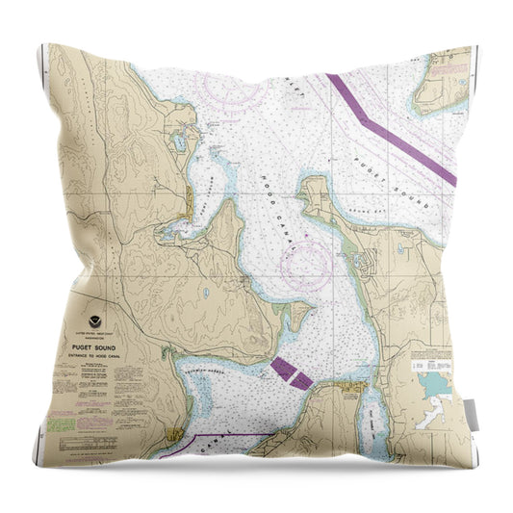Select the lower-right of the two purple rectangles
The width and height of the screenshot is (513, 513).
pyautogui.click(x=302, y=381)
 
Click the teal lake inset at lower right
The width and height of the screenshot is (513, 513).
pyautogui.click(x=435, y=386)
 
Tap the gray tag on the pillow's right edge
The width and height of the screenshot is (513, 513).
pyautogui.click(x=471, y=415)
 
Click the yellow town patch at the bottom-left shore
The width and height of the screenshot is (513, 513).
pyautogui.click(x=172, y=436)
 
